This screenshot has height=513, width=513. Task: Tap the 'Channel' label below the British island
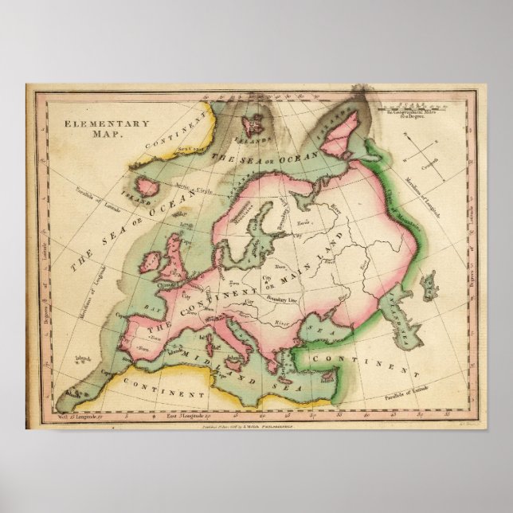(x=187, y=284)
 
